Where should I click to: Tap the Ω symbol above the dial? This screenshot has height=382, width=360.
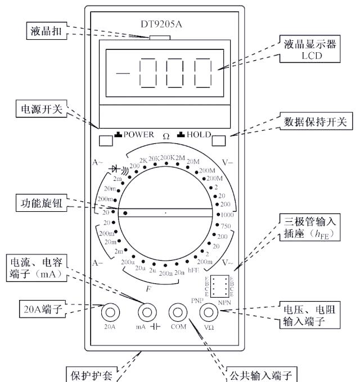[x=166, y=136]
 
